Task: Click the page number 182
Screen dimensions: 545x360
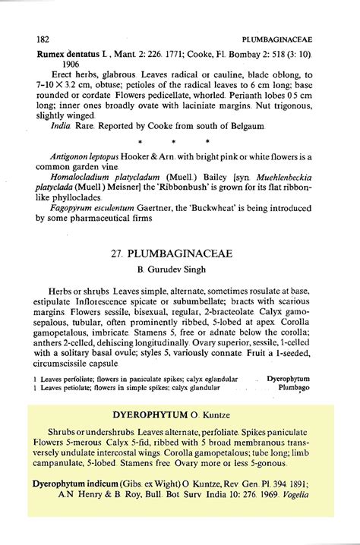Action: click(x=45, y=37)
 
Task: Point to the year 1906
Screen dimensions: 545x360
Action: click(x=62, y=65)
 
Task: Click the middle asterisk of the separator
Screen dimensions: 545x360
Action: click(x=174, y=142)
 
